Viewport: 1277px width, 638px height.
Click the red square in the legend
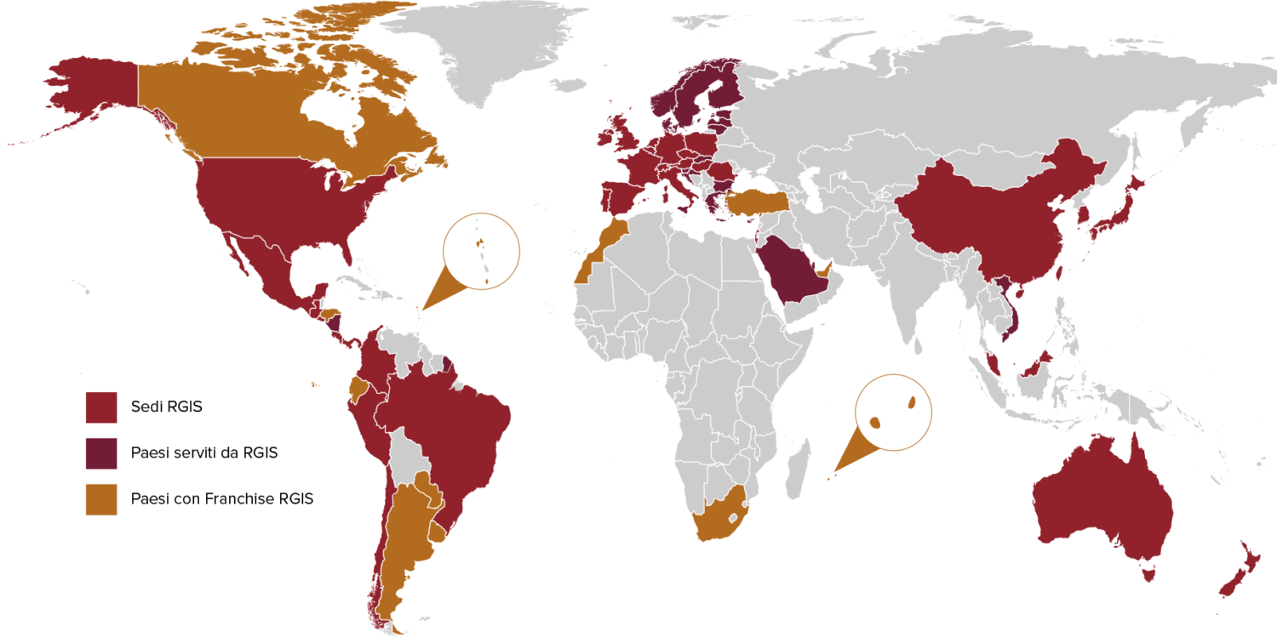[100, 407]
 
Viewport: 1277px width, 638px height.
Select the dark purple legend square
[100, 453]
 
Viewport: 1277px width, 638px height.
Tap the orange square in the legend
[100, 499]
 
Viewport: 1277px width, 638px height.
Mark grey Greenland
[477, 43]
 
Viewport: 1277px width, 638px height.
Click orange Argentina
[404, 536]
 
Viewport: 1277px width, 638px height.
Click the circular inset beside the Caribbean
[481, 251]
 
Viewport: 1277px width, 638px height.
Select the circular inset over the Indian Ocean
[893, 413]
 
